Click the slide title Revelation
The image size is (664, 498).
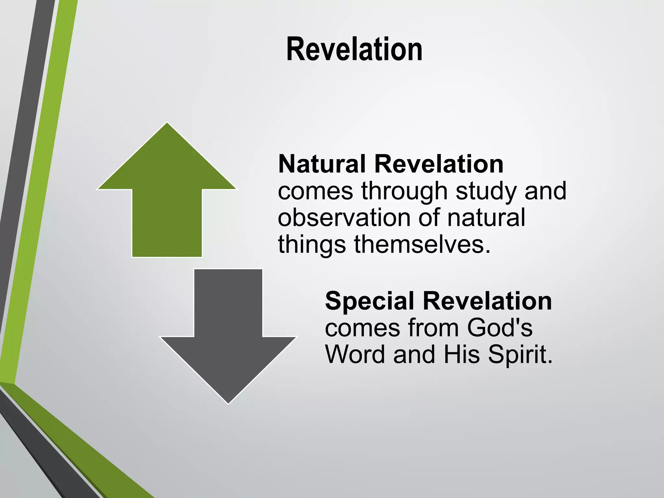pyautogui.click(x=354, y=49)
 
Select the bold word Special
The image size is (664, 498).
pyautogui.click(x=369, y=301)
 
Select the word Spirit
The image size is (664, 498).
pyautogui.click(x=520, y=355)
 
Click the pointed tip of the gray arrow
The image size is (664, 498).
pyautogui.click(x=228, y=403)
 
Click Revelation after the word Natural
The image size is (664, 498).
pyautogui.click(x=439, y=164)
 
